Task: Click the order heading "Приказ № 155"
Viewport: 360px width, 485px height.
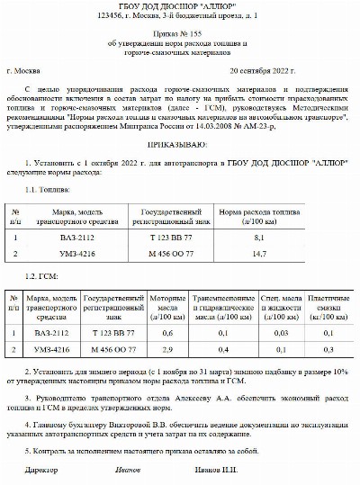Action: [x=179, y=32]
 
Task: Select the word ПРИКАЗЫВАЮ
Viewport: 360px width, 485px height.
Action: [x=180, y=144]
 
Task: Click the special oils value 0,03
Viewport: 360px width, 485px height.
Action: [x=279, y=332]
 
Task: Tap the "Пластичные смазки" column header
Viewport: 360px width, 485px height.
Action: [x=329, y=301]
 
